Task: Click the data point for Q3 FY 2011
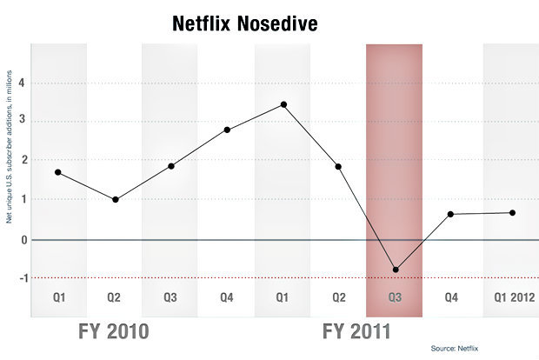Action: point(396,270)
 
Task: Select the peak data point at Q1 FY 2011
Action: point(283,104)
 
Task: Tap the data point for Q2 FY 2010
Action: point(115,199)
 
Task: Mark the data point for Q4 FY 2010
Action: point(227,130)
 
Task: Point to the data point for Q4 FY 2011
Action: point(451,214)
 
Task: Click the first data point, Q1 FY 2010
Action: point(58,172)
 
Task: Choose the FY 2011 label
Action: point(356,331)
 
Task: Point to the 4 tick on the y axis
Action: point(23,83)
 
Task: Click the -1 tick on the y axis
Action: point(21,278)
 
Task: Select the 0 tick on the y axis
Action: point(23,239)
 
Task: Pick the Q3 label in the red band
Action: point(396,297)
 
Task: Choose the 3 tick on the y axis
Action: point(23,122)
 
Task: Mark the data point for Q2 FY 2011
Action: point(338,166)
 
